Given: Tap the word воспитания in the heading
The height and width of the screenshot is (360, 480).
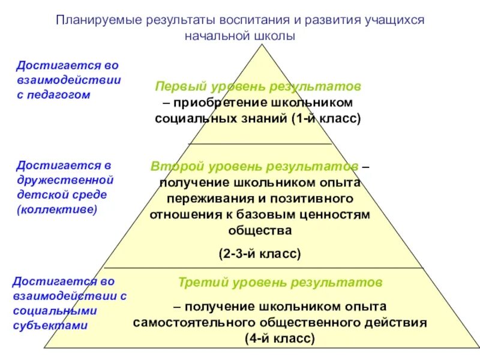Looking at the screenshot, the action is (229, 20).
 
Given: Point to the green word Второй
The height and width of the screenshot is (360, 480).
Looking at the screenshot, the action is (173, 166).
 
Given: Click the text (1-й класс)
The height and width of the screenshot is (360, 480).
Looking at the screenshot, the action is (327, 118).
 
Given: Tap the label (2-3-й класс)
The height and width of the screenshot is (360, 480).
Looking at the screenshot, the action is (259, 254).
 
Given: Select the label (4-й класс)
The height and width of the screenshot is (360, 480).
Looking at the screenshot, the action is (280, 338).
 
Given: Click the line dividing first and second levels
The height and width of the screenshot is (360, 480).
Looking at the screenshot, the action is (260, 144).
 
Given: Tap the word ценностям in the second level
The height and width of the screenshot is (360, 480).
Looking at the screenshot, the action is (340, 214).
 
